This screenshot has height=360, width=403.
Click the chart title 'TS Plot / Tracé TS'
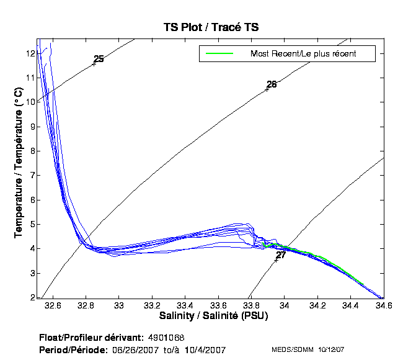210,27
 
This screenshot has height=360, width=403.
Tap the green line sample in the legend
216,54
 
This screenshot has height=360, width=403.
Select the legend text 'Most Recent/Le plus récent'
303,54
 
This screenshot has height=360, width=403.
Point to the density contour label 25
99,59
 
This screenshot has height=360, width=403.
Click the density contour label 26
272,84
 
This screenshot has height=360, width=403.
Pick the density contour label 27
281,255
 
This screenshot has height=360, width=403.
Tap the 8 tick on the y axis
31,151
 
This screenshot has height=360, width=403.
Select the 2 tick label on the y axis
31,297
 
